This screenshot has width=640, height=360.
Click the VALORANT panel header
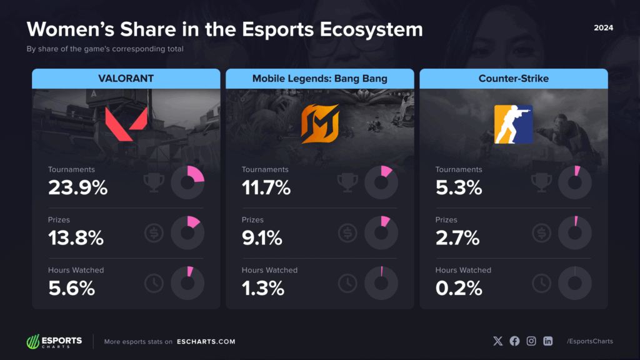pyautogui.click(x=126, y=78)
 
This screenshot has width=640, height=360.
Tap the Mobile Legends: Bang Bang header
pyautogui.click(x=319, y=78)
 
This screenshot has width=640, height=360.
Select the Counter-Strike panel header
pyautogui.click(x=513, y=78)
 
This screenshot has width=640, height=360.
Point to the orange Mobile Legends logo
pyautogui.click(x=319, y=124)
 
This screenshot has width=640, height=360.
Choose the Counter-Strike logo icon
pyautogui.click(x=513, y=124)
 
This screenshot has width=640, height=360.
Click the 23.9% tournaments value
pyautogui.click(x=78, y=187)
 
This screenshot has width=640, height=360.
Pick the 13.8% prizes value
pyautogui.click(x=76, y=237)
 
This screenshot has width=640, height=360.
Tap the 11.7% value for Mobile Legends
pyautogui.click(x=266, y=187)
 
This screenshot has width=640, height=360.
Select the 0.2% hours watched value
pyautogui.click(x=459, y=287)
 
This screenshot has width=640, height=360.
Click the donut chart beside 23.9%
pyautogui.click(x=187, y=182)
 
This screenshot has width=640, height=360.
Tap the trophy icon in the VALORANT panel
pyautogui.click(x=154, y=182)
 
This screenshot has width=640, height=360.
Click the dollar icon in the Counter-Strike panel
pyautogui.click(x=541, y=233)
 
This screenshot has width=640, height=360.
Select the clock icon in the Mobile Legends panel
pyautogui.click(x=347, y=283)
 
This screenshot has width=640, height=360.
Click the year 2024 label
pyautogui.click(x=603, y=28)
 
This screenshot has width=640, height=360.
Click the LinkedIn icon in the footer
pyautogui.click(x=548, y=341)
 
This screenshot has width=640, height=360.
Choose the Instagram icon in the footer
pyautogui.click(x=531, y=341)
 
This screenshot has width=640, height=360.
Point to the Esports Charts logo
pyautogui.click(x=54, y=341)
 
